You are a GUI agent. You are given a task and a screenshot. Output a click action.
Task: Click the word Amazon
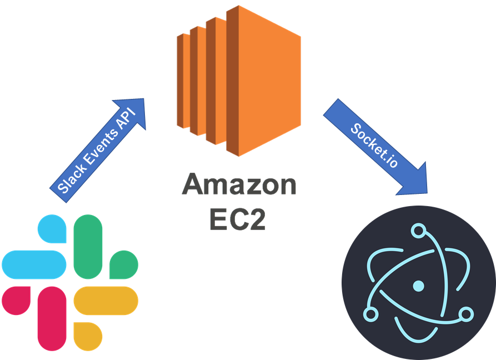[239, 185]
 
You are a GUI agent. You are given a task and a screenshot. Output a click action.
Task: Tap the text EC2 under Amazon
[238, 219]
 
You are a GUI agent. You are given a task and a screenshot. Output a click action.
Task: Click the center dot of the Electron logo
[418, 286]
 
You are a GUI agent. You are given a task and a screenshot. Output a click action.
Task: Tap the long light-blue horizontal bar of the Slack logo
[34, 264]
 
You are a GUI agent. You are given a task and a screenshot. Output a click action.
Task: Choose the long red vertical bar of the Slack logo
[52, 318]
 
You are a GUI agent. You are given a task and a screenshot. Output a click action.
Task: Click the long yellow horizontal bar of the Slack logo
[106, 301]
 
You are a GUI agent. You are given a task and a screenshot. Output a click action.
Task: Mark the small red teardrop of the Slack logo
[16, 301]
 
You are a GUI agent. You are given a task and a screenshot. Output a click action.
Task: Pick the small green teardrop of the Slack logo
[123, 264]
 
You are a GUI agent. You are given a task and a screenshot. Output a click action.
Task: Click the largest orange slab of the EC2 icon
[264, 81]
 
